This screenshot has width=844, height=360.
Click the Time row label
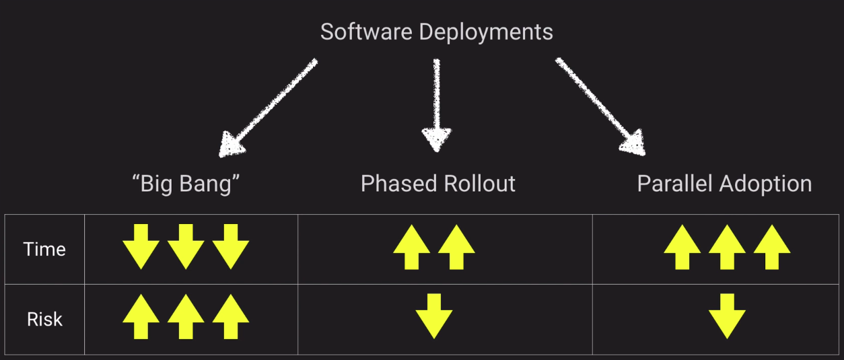click(x=44, y=249)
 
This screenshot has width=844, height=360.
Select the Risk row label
click(x=44, y=319)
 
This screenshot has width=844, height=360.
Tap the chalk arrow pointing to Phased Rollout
click(x=437, y=104)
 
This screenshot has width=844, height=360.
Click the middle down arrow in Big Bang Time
click(x=186, y=247)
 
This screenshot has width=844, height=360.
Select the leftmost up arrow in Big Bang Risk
click(x=141, y=318)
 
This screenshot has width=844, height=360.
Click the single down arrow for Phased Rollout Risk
click(x=434, y=316)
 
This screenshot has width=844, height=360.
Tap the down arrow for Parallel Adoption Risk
click(x=727, y=316)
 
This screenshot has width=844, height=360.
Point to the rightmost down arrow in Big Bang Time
click(x=231, y=247)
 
